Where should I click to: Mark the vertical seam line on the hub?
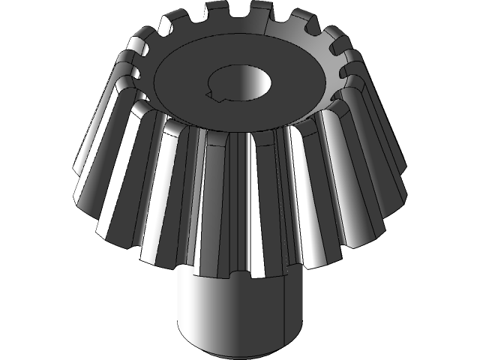click(283, 315)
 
